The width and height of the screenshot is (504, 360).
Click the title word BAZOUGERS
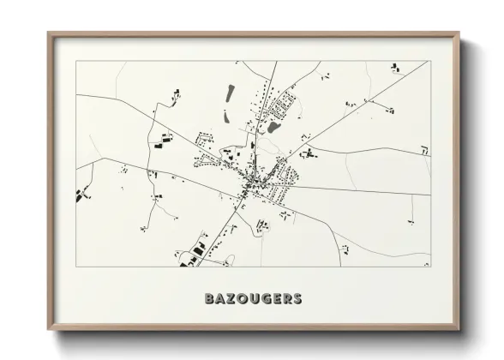coord(252,299)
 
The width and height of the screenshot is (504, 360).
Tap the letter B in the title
coord(209,299)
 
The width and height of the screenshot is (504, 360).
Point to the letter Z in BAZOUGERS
coord(231,299)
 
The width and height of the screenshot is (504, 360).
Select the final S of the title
coord(297,299)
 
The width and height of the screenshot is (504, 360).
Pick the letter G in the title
coord(264,299)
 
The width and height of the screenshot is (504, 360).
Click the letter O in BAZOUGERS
coord(242,299)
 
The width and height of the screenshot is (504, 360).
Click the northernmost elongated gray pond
coord(229,92)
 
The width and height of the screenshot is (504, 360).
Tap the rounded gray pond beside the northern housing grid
coord(273,127)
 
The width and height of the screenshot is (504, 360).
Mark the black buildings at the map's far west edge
coord(82,195)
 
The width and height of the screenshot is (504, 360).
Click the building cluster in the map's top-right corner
coord(395,67)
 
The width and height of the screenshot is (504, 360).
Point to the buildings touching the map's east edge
coord(423,150)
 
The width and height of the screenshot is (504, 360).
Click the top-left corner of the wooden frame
coord(49,34)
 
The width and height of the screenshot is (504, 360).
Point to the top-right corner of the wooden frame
coord(460,34)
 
